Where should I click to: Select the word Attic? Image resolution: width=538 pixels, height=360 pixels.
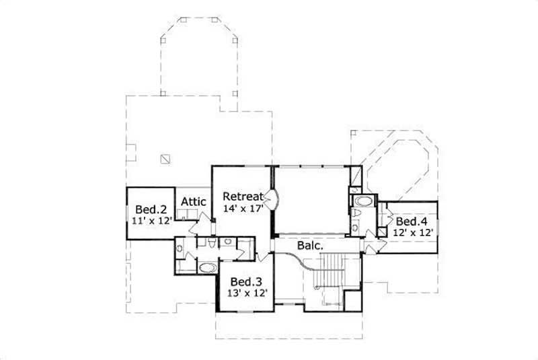(194, 201)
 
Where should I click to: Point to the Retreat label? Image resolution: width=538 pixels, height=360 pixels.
(242, 196)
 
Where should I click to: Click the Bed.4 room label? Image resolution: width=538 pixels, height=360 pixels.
(408, 221)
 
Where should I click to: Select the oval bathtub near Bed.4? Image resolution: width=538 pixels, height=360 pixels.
(364, 201)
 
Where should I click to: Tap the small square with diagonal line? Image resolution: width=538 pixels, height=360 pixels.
(165, 159)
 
